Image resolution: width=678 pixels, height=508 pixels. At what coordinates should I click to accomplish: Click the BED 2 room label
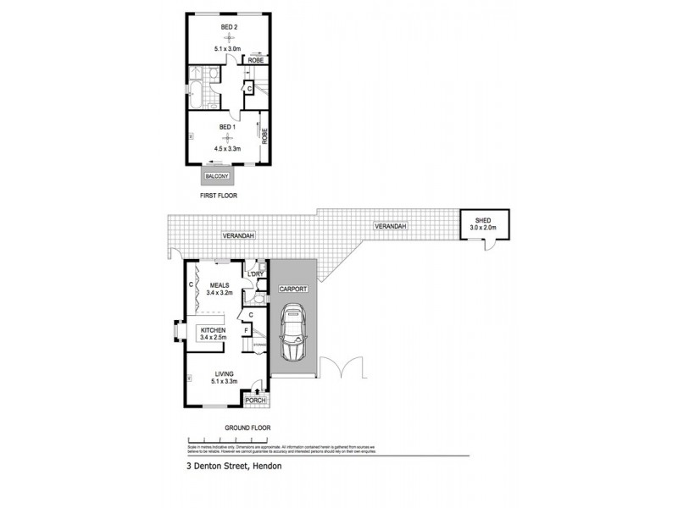[x=228, y=27]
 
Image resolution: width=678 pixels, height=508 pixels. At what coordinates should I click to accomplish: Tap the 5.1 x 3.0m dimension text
[x=228, y=49]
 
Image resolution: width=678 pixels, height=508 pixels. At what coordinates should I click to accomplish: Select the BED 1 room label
[x=226, y=127]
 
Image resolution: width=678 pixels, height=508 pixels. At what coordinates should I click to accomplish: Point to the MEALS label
[x=220, y=285]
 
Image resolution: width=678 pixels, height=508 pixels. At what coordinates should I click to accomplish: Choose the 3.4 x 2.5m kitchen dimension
[x=212, y=337]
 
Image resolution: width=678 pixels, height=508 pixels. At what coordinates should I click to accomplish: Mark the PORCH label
[x=255, y=400]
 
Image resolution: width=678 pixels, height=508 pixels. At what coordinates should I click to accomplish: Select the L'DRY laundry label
[x=257, y=274]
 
